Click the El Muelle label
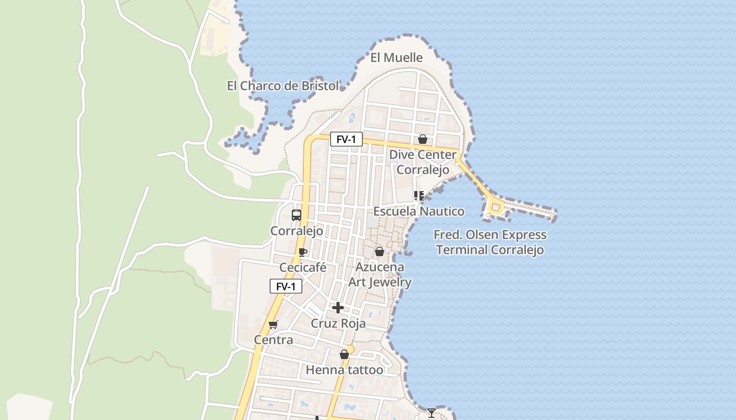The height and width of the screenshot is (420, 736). tap(396, 58)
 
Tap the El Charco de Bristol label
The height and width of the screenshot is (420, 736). tap(283, 86)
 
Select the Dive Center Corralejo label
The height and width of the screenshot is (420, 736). tap(423, 162)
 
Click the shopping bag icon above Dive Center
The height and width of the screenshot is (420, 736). tap(422, 139)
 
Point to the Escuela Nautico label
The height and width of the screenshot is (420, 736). tap(419, 211)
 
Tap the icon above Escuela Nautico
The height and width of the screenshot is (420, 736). tap(419, 196)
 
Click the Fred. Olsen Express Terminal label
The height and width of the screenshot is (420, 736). tap(490, 242)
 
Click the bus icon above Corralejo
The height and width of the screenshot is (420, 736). tap(297, 215)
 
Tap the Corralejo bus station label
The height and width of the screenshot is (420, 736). tap(297, 231)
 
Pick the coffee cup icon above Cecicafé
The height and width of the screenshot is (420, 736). tap(303, 252)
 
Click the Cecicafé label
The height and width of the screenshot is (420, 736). tap(303, 267)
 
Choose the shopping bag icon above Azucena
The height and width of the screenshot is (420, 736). tap(380, 252)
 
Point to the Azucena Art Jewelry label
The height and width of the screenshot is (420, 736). tap(380, 275)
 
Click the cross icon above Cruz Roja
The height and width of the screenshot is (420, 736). tap(338, 308)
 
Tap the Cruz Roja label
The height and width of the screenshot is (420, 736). tap(338, 323)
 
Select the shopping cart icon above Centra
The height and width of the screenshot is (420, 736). tap(273, 325)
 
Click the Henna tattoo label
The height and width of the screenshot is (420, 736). tap(344, 370)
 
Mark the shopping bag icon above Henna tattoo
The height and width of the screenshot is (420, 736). tap(344, 355)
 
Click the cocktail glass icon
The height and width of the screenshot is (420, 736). tap(432, 413)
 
